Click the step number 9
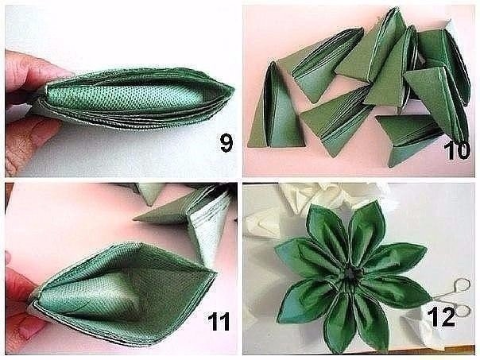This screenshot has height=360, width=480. tap(226, 143)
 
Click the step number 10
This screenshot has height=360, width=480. tap(457, 151)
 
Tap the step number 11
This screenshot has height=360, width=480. tap(219, 321)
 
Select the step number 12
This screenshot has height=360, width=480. tap(441, 317)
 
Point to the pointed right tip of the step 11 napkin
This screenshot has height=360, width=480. tap(216, 271)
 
